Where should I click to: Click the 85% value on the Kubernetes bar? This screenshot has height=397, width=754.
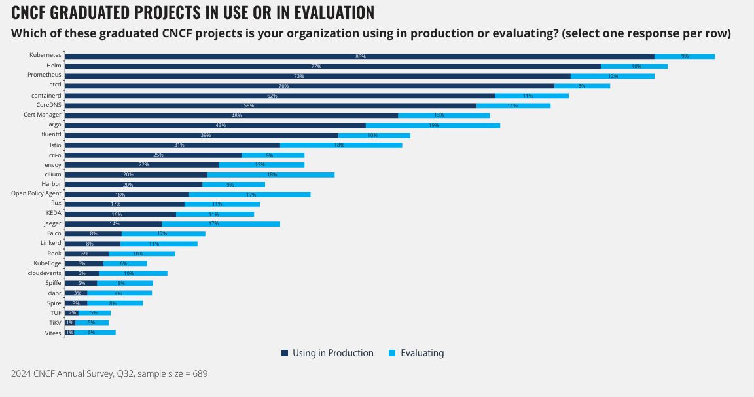click(360, 56)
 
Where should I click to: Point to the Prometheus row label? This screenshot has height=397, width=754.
click(45, 76)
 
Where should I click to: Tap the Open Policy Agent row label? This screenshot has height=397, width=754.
click(36, 194)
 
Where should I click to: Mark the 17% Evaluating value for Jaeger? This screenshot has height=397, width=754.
click(213, 224)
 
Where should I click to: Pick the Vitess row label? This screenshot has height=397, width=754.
click(53, 333)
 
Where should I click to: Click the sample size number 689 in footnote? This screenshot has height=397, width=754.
click(200, 373)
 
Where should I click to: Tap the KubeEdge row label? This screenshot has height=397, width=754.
click(47, 263)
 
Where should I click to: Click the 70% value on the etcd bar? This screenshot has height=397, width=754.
click(283, 86)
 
